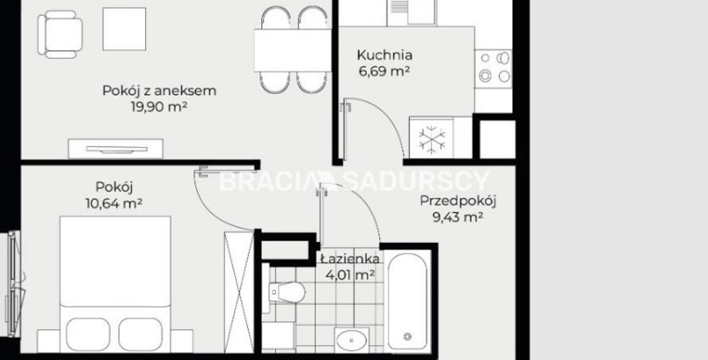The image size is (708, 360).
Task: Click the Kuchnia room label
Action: (x=384, y=55)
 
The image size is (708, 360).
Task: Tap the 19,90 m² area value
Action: (x=159, y=107)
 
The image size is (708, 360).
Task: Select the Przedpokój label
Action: (x=458, y=201)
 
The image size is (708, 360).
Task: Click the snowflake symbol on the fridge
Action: (x=432, y=140)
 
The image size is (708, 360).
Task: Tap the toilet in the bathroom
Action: (x=287, y=292)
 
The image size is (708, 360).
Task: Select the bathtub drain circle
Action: (x=408, y=336)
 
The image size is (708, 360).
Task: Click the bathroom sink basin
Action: (x=352, y=339)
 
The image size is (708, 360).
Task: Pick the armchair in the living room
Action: (x=60, y=34)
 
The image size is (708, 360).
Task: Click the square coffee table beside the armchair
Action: (x=124, y=29)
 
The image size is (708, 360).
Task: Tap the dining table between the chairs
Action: (x=293, y=50)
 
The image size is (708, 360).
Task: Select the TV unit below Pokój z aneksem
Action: (x=116, y=149)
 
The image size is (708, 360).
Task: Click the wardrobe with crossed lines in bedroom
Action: (x=239, y=292)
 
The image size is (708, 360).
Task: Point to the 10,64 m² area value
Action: (x=114, y=203)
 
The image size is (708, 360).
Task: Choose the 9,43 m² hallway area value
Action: (x=458, y=217)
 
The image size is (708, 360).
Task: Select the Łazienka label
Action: (x=350, y=259)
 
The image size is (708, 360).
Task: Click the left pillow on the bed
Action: (x=88, y=335)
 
